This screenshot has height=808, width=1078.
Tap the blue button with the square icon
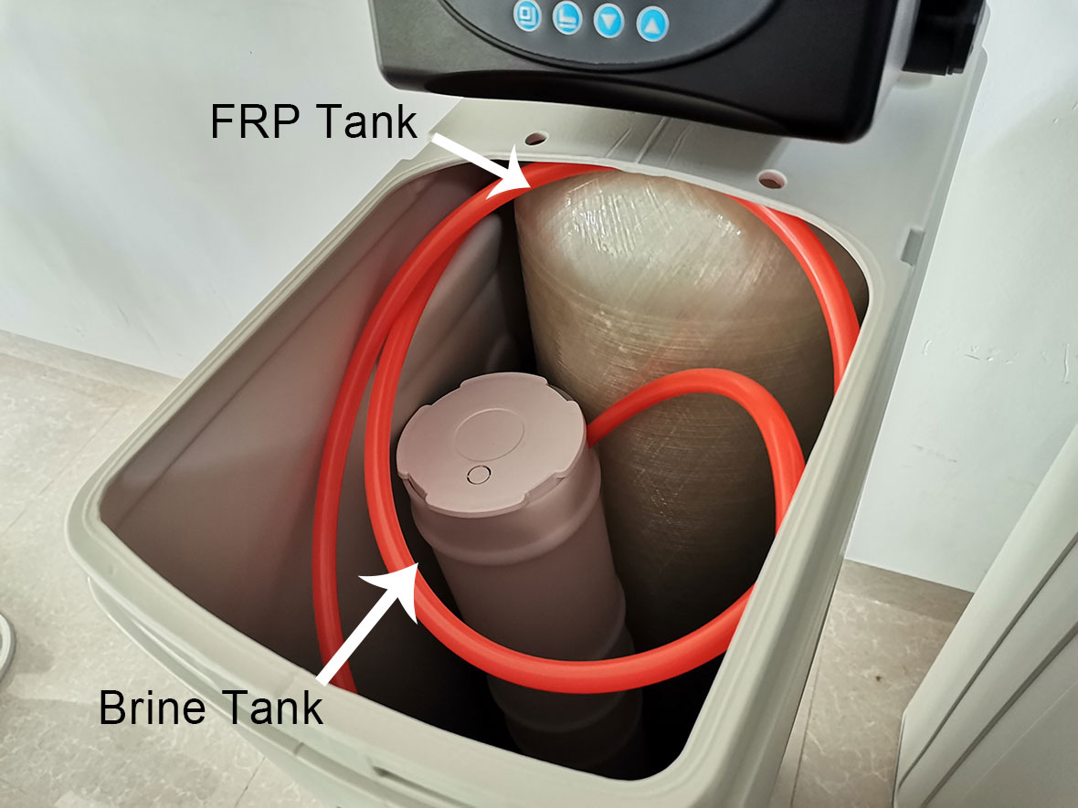click(x=527, y=16)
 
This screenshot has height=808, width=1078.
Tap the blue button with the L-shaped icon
click(x=567, y=18)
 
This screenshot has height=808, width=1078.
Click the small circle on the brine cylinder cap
click(x=479, y=474)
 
